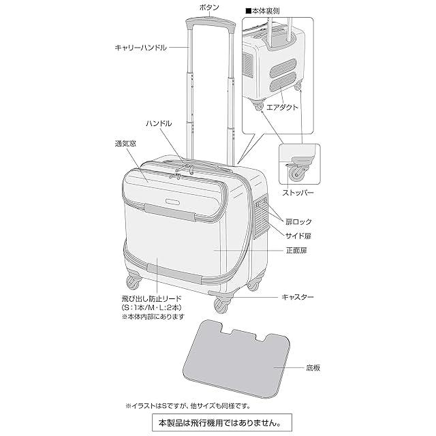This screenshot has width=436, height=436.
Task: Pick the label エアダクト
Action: (x=281, y=107)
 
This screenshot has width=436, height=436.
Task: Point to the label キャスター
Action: (x=298, y=298)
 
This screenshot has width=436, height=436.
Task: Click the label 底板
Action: (x=313, y=367)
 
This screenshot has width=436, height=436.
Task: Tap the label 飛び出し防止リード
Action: (x=152, y=299)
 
